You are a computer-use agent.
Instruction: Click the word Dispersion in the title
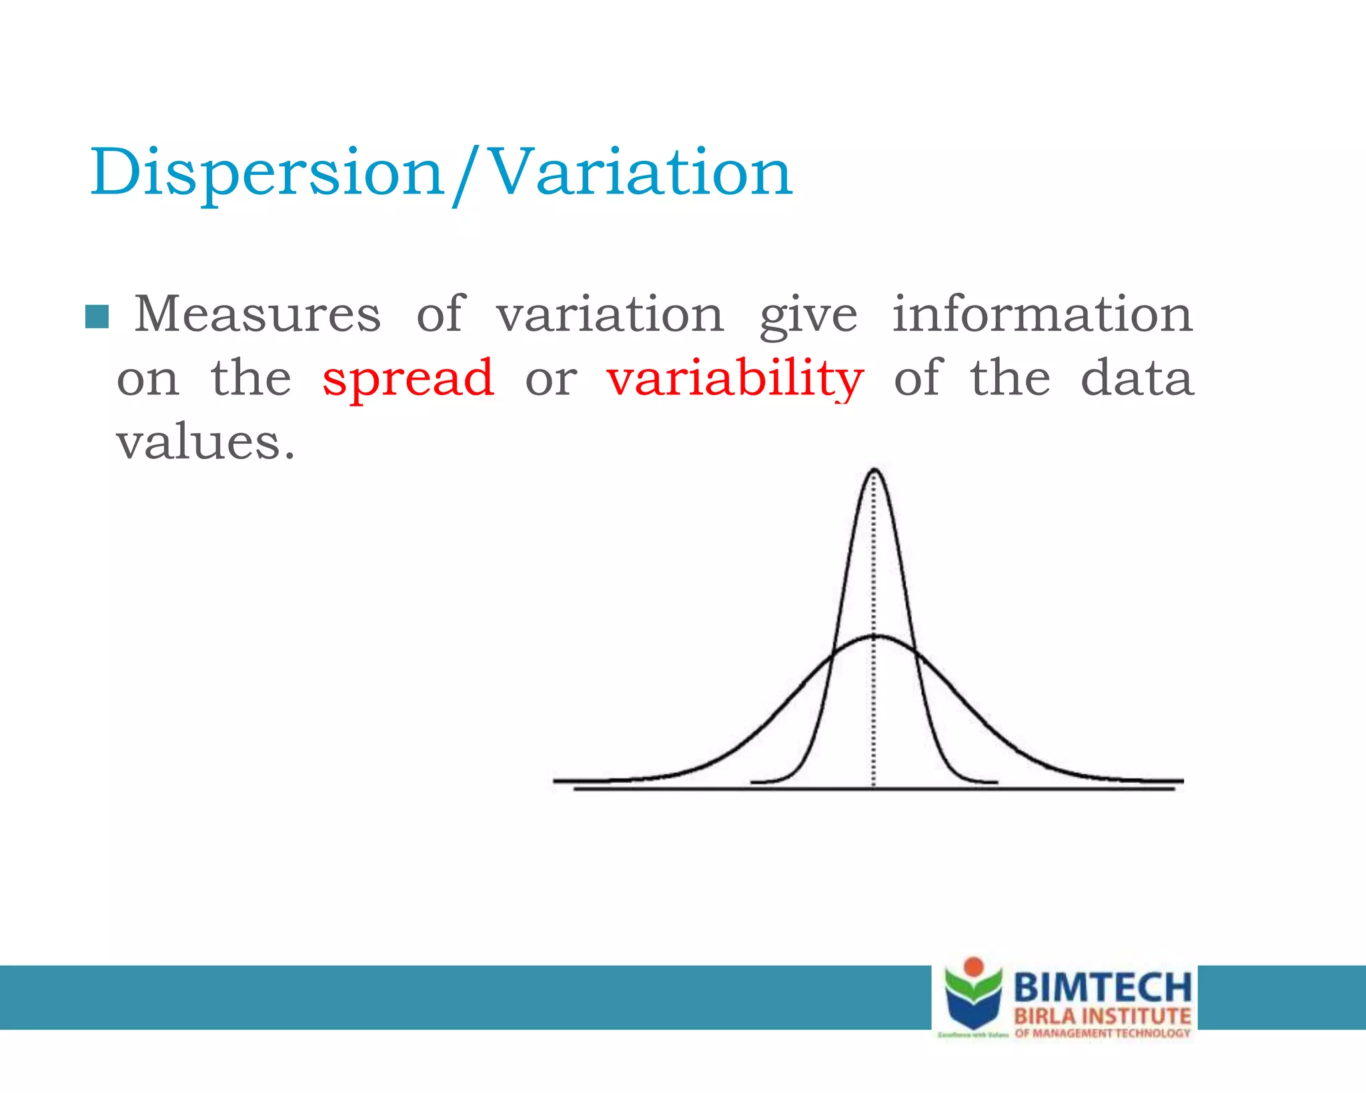(x=267, y=173)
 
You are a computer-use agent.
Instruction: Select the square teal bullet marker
(x=97, y=317)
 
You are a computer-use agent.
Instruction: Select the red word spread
(x=408, y=378)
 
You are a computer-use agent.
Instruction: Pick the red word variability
(x=735, y=378)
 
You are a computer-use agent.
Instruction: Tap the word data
(x=1137, y=378)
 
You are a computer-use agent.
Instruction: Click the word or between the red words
(x=551, y=380)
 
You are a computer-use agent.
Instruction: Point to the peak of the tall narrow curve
(x=874, y=471)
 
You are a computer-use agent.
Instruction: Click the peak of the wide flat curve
(x=878, y=636)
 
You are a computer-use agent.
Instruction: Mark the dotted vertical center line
(x=874, y=701)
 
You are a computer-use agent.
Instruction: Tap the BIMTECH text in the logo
(x=1102, y=987)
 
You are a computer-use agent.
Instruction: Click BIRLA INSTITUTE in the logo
(x=1102, y=1016)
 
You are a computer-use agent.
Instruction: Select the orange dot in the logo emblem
(x=974, y=966)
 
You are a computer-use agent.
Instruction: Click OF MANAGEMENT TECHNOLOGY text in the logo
(x=1102, y=1033)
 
